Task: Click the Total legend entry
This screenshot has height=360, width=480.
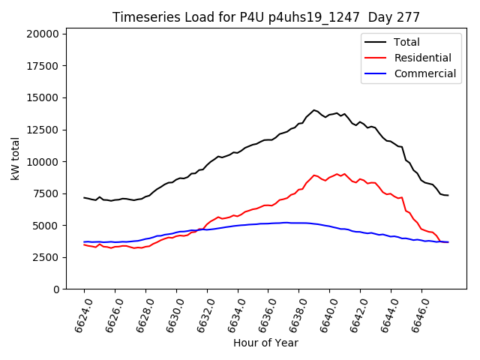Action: (x=406, y=42)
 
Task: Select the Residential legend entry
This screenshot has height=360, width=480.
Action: (x=422, y=58)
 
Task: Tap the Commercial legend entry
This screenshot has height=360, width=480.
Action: (x=424, y=73)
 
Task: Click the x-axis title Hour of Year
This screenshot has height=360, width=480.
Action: (x=265, y=343)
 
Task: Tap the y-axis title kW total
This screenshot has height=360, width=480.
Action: (x=16, y=158)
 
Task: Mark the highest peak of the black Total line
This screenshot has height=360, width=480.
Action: (x=314, y=110)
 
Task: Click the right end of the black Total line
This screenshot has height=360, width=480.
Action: (x=448, y=195)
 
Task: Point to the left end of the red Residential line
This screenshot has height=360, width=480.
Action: (x=84, y=244)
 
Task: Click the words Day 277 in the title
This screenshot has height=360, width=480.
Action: (x=394, y=17)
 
